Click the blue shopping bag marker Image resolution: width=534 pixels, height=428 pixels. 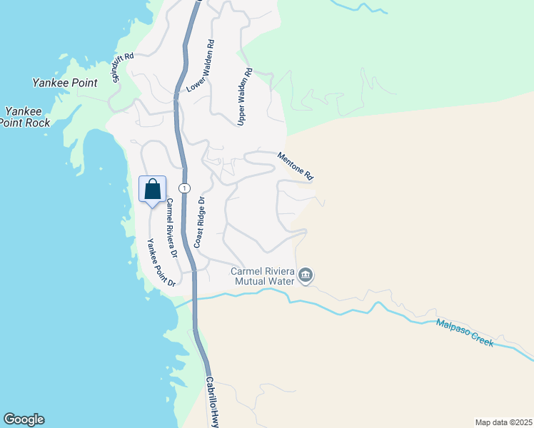[152, 190]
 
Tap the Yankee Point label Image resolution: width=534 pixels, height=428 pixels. [64, 83]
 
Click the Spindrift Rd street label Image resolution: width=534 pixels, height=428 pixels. [123, 68]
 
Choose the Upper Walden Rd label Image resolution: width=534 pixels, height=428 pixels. [245, 97]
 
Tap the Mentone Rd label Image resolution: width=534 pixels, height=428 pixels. [296, 165]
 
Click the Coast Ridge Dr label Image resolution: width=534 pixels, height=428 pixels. [200, 222]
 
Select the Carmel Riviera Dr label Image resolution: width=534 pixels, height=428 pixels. [170, 226]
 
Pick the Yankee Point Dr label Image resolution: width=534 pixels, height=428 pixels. [161, 263]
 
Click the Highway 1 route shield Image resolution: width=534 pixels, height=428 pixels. [184, 188]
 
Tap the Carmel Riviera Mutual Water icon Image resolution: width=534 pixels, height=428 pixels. [306, 275]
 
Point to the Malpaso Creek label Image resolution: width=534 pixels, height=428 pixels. [465, 333]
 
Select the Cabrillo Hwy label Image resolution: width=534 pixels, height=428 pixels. [212, 402]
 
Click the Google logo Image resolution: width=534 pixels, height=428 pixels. [24, 419]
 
